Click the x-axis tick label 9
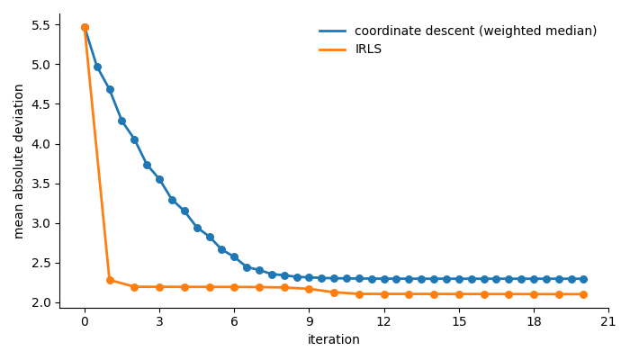click(x=309, y=322)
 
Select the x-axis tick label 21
click(x=608, y=322)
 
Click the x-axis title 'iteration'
click(x=334, y=340)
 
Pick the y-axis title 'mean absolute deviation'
click(x=20, y=161)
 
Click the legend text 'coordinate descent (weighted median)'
click(x=475, y=31)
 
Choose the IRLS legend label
click(x=368, y=49)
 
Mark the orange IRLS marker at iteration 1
click(x=110, y=280)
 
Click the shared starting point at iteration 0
click(x=85, y=27)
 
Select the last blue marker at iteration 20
click(x=583, y=279)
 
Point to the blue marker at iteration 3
click(x=159, y=179)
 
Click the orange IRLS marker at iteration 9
click(x=309, y=289)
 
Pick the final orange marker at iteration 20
click(x=583, y=294)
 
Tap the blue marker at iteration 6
click(x=234, y=256)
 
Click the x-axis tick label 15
click(x=459, y=322)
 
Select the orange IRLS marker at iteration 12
click(x=384, y=294)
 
